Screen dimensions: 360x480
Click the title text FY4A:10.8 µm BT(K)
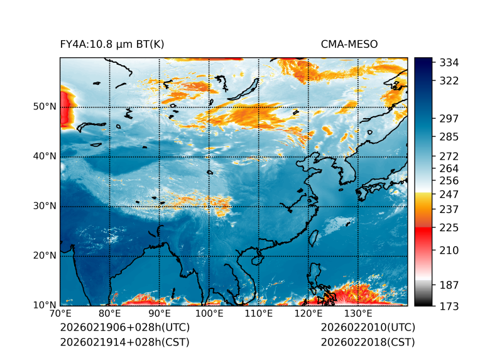(112, 44)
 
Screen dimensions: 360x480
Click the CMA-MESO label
(349, 44)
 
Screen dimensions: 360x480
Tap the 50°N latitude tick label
(44, 107)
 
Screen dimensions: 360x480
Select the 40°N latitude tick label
(44, 156)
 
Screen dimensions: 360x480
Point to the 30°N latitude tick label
(44, 206)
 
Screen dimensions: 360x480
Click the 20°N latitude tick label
(44, 256)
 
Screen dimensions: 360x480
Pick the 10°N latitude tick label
(44, 305)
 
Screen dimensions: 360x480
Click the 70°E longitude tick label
(60, 314)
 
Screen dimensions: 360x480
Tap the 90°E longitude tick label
(160, 314)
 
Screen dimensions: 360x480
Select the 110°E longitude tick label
(259, 314)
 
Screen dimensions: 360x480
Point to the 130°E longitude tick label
(358, 314)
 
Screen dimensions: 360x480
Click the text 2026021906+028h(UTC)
(124, 327)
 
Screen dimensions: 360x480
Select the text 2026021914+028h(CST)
(124, 342)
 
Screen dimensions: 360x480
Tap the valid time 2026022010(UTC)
(368, 327)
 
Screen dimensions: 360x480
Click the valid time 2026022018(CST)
(368, 342)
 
